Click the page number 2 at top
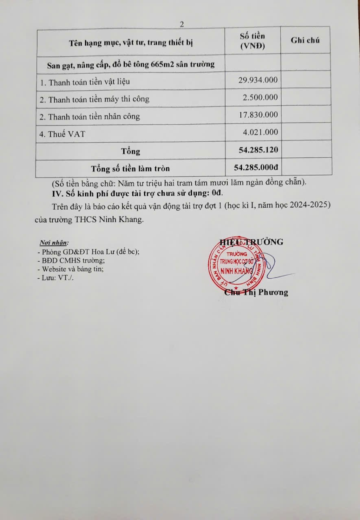[182, 25]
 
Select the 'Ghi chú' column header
[305, 40]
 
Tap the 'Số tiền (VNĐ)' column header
[252, 41]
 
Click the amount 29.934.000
[258, 80]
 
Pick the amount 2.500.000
[260, 97]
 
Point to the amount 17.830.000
[258, 115]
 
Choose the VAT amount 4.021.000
[260, 133]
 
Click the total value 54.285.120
[258, 150]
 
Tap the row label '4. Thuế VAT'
[62, 134]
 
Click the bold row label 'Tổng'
[131, 151]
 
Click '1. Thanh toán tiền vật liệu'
[85, 81]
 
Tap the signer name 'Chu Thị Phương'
[256, 292]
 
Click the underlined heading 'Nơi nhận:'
[54, 243]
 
